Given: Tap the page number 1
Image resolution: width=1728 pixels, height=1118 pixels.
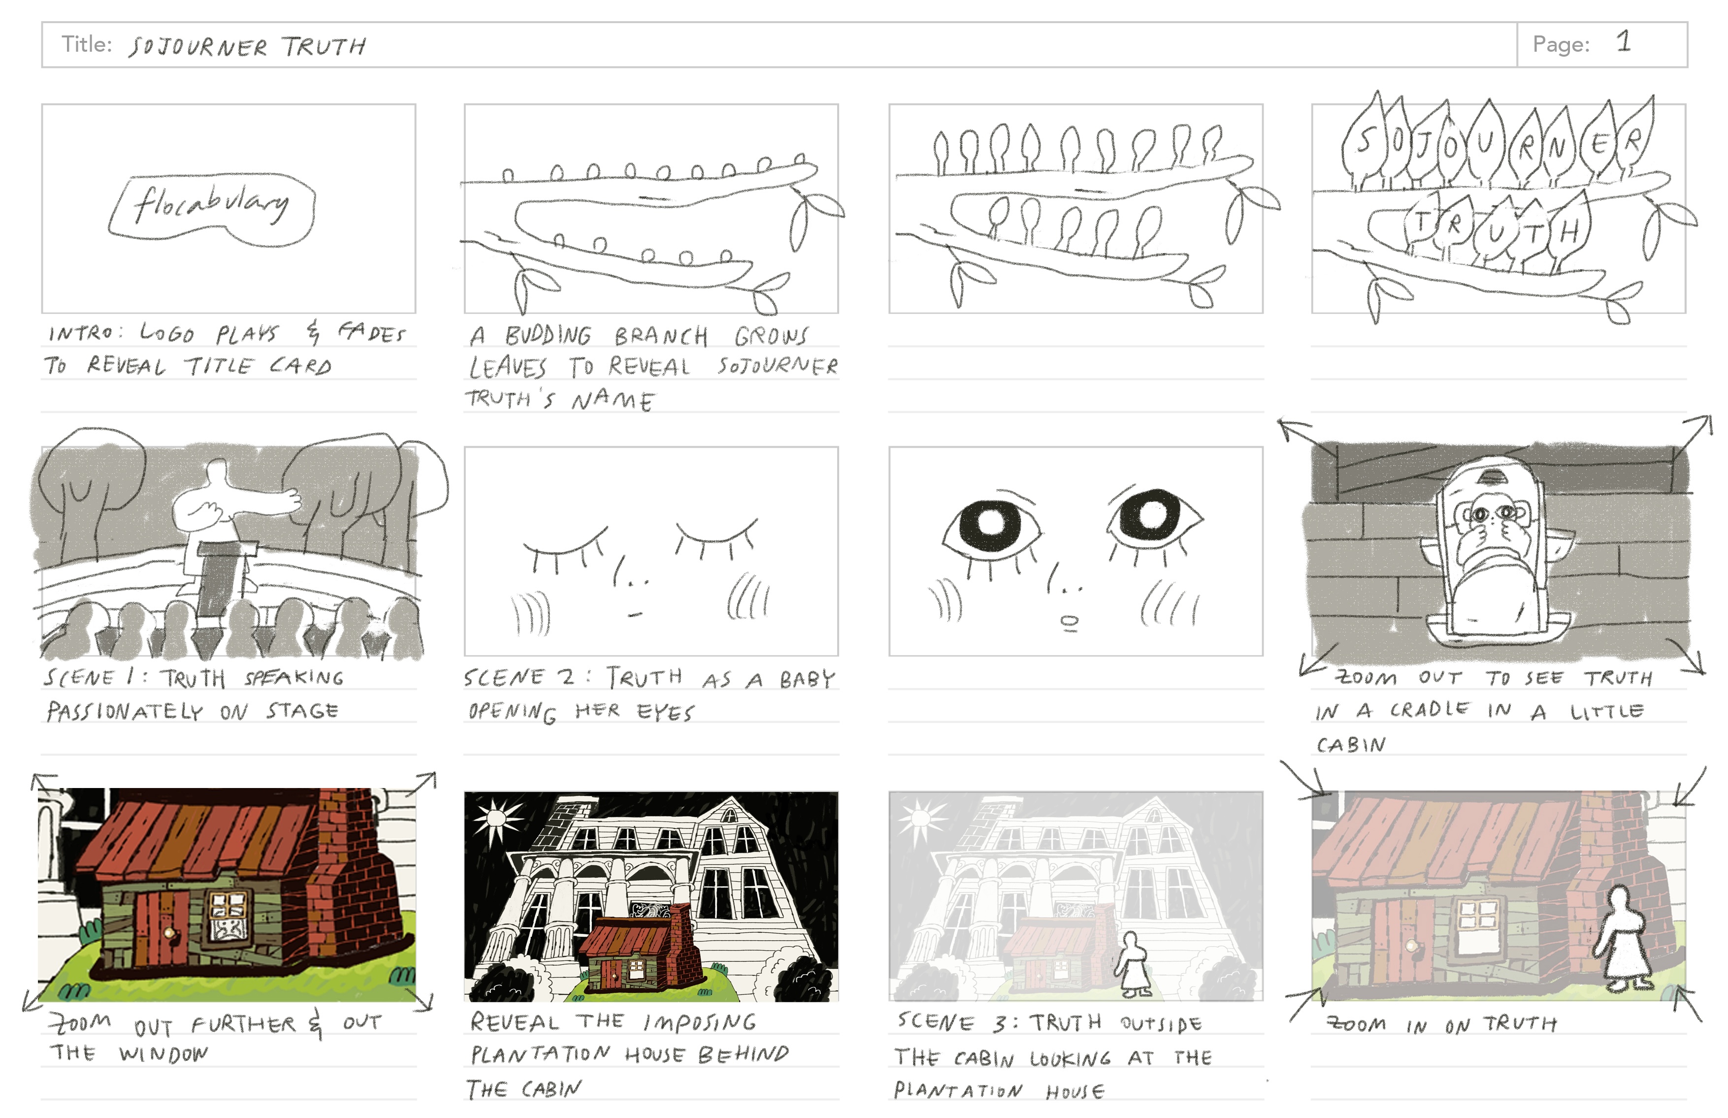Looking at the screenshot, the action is [1624, 42].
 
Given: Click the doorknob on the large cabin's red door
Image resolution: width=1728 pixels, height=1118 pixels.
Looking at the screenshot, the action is [169, 933].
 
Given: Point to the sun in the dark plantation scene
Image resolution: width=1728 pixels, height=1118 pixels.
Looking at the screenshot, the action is [498, 818].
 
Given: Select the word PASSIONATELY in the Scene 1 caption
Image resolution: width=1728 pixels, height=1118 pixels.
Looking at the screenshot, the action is [125, 712].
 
